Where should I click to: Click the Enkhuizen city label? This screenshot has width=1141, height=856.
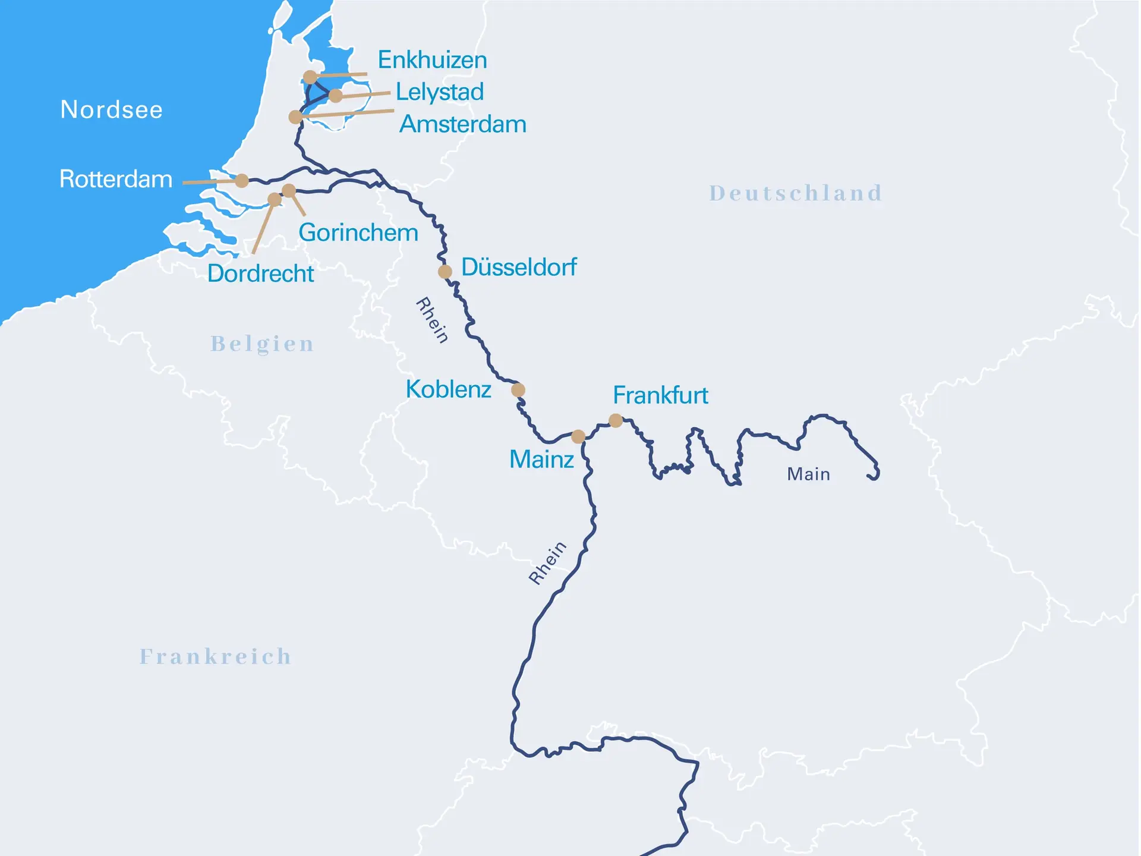click(432, 60)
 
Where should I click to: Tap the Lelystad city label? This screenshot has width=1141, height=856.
click(440, 92)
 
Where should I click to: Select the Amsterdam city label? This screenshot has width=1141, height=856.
click(463, 124)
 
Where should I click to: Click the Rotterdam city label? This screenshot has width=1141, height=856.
click(116, 179)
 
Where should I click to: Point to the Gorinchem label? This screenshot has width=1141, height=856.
click(358, 232)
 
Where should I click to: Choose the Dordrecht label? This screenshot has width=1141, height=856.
click(260, 273)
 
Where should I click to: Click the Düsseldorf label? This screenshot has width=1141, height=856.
click(519, 267)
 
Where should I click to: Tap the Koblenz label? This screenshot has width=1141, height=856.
click(448, 389)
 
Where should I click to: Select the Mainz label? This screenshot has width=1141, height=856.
click(541, 460)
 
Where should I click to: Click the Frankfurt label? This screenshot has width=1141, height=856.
click(660, 395)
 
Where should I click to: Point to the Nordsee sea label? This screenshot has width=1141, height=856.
click(112, 110)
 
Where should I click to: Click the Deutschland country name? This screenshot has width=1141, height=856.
click(796, 193)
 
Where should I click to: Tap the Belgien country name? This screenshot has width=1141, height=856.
click(262, 344)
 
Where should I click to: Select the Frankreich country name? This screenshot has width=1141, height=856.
click(216, 656)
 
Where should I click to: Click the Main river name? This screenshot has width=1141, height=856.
click(808, 474)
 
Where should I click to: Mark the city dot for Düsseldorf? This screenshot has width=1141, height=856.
click(445, 272)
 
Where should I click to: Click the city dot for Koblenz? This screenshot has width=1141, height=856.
click(518, 390)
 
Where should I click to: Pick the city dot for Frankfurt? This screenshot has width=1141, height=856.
click(616, 421)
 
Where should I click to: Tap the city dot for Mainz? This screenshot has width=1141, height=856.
click(578, 437)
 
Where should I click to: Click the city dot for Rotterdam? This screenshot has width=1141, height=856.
click(241, 181)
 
